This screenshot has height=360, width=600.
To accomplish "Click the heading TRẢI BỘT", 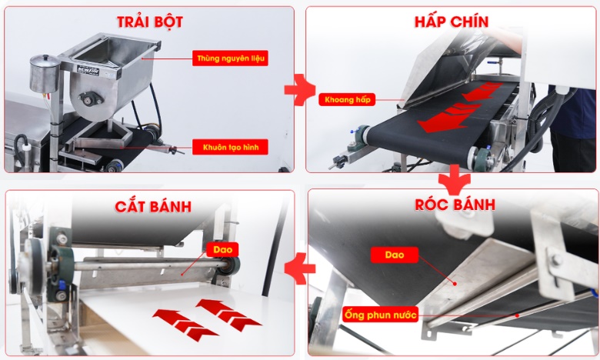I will click(150, 22).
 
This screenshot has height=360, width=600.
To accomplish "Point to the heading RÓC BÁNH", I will click(455, 205).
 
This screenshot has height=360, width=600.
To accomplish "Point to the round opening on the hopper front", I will click(82, 97).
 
